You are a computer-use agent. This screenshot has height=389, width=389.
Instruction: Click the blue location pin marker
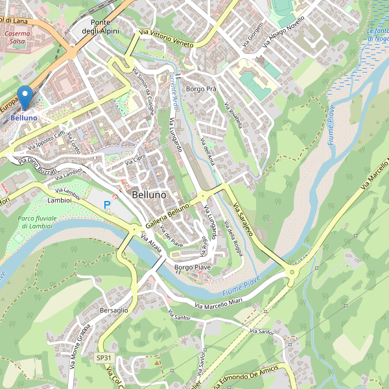tap(25, 98)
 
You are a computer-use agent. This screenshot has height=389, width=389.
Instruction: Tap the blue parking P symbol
tap(108, 205)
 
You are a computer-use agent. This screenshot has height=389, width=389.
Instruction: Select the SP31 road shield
tap(104, 358)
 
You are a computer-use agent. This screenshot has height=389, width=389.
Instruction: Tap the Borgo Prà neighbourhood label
tap(201, 89)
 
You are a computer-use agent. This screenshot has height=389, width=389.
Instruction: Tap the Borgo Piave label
tap(193, 267)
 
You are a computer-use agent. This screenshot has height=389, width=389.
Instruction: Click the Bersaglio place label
tap(115, 311)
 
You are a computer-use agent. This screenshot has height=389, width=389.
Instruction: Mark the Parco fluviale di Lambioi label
tap(37, 222)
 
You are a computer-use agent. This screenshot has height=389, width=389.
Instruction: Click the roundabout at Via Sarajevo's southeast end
tap(292, 272)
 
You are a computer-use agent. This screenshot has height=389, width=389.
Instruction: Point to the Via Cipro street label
tap(135, 159)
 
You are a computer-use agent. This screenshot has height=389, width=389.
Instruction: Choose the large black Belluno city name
tap(148, 194)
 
